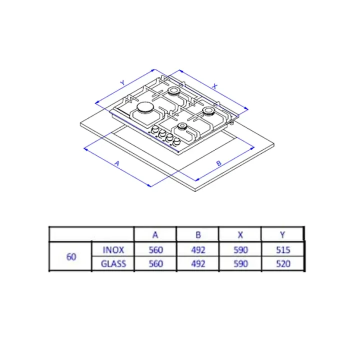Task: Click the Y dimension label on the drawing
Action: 123,82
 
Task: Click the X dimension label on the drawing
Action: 214,86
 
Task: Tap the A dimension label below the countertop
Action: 117,163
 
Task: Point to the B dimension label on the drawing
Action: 219,163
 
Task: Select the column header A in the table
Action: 155,235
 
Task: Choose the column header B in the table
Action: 198,235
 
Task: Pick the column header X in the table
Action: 240,235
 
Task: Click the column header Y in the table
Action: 282,235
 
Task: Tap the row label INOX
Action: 113,250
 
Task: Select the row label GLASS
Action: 113,263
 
